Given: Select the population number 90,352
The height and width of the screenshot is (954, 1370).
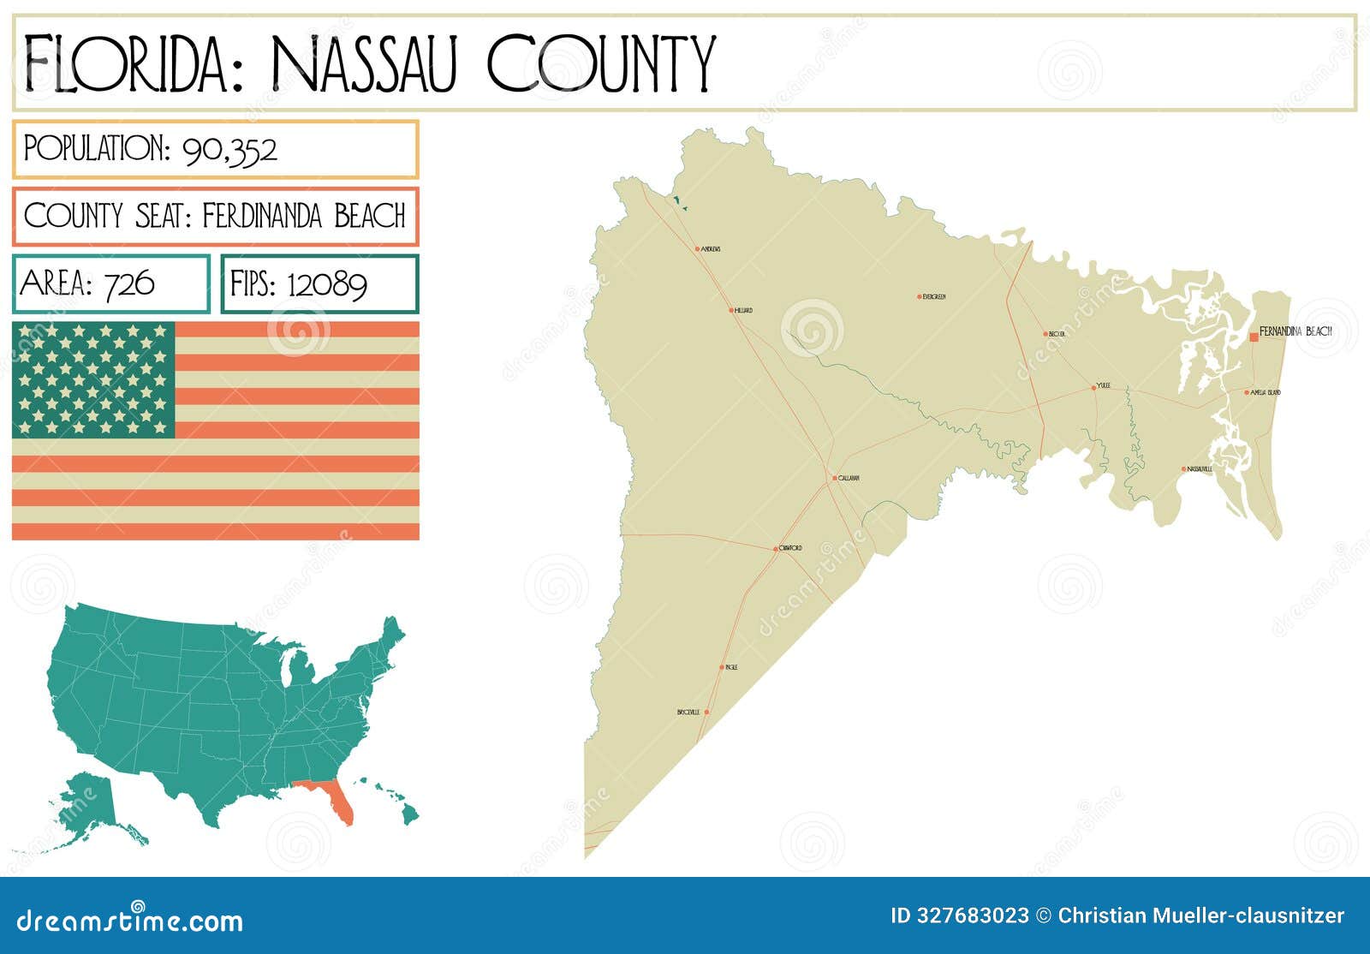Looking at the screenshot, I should coord(229,150).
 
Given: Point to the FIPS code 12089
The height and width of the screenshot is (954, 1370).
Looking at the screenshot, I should coord(327,283).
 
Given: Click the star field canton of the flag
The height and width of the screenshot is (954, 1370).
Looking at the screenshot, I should coord(93,379).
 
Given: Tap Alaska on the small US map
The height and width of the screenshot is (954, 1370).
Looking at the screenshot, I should coord(86,805).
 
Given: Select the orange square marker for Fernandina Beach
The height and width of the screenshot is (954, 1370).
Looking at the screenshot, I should coord(1254,337).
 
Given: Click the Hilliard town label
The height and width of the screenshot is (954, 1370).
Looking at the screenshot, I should coord(743,310).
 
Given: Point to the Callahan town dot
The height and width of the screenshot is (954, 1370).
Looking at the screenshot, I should coord(835,478).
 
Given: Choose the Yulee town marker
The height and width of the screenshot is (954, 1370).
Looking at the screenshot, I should coord(1093,387).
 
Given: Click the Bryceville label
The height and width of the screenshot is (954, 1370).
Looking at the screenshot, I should coord(688,713).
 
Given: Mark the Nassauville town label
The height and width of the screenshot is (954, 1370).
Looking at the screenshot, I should coord(1200,469).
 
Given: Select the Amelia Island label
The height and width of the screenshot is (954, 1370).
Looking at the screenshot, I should coord(1266,392).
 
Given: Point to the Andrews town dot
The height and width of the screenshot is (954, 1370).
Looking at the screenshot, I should coord(698,249).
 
